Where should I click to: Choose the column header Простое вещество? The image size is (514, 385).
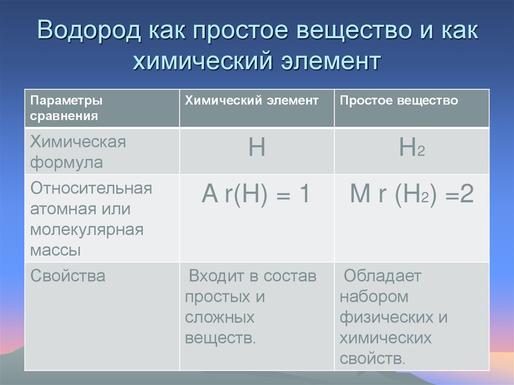click(399, 101)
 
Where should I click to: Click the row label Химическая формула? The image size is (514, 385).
click(78, 152)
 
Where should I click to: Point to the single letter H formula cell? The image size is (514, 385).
click(256, 149)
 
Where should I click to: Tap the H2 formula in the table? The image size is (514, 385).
click(412, 149)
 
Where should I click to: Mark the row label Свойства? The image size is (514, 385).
click(68, 276)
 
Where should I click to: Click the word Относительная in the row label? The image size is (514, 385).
click(91, 189)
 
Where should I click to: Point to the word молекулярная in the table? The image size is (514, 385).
click(87, 230)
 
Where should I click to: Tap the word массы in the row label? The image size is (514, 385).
click(55, 250)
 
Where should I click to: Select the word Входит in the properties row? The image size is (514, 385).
click(213, 276)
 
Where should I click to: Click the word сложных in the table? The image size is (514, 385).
click(220, 318)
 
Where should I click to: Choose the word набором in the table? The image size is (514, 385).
click(367, 297)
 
